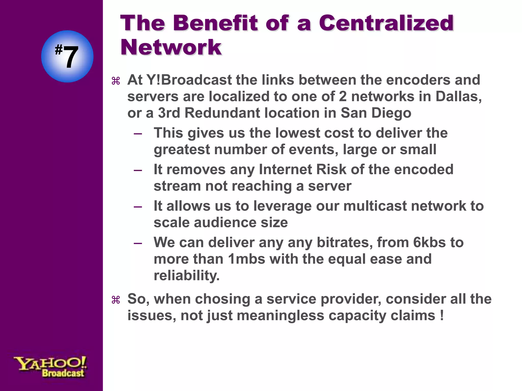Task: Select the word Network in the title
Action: pos(171,47)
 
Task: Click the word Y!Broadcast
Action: pos(189,80)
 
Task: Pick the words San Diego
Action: pos(376,113)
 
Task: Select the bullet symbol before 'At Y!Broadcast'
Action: pos(116,81)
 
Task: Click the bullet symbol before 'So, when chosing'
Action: pos(116,300)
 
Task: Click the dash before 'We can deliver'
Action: pos(138,243)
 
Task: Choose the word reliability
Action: pos(186,276)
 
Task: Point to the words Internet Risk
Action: pos(302,170)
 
